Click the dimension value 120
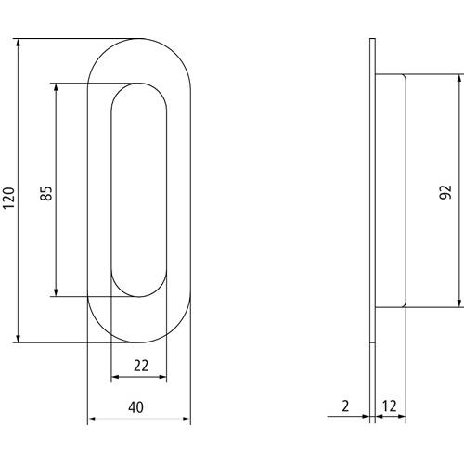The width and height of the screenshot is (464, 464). coord(8,198)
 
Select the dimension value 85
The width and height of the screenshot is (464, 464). coord(46,193)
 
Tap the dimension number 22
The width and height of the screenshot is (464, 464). coord(141,366)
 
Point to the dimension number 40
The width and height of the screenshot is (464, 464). coord(135,407)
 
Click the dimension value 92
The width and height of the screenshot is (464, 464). coord(445,192)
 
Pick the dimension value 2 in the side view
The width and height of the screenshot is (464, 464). coord(345,406)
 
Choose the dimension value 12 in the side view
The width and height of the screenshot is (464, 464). coord(389,406)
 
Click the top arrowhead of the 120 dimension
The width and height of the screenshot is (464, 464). coord(19,43)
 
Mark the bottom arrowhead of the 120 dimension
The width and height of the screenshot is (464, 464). coord(19,339)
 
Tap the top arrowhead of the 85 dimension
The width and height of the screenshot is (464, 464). coord(56,87)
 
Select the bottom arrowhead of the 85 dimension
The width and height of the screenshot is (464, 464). coord(56,292)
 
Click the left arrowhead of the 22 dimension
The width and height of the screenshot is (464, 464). coord(115,377)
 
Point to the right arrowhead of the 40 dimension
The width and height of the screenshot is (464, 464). coord(187,419)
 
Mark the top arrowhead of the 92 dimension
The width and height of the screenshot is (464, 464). coord(460,79)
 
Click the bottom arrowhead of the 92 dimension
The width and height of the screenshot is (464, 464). coord(460,303)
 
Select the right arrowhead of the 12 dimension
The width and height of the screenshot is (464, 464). coord(402,416)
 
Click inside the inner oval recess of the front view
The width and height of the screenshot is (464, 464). coord(139,190)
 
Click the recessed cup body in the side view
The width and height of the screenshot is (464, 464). coord(391,191)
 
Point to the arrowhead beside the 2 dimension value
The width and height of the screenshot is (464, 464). coord(366,416)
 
